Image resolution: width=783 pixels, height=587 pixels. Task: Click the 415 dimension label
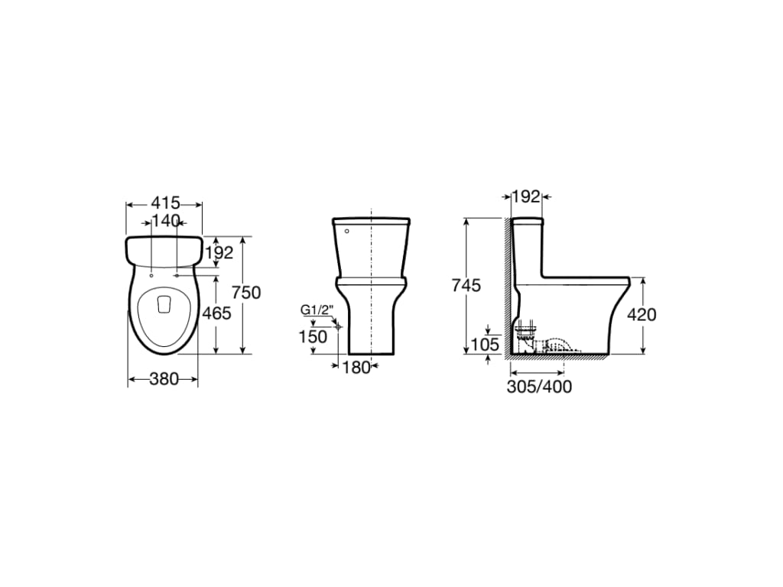[165, 203]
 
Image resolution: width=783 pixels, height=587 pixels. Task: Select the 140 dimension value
[165, 221]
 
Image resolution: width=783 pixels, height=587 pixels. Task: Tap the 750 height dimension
[247, 292]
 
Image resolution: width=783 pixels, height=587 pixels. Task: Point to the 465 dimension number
[217, 313]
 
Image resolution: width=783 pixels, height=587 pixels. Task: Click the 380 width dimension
[164, 379]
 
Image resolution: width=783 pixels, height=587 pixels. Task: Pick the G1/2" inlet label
[317, 310]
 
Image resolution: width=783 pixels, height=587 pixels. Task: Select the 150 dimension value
[313, 337]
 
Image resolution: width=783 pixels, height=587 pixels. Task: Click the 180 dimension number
[356, 368]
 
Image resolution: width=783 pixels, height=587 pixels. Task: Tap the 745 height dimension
[466, 286]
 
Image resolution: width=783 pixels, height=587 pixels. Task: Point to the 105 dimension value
[486, 345]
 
